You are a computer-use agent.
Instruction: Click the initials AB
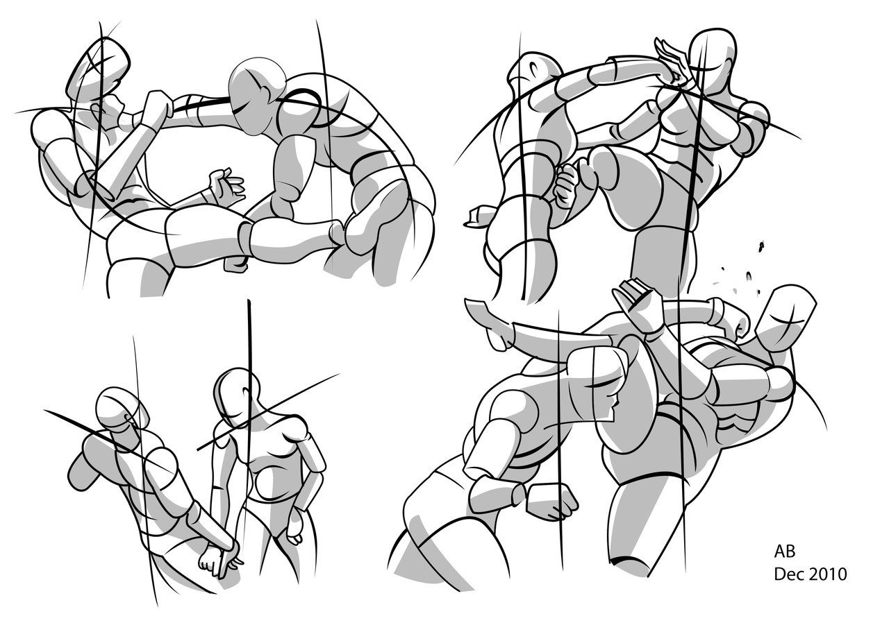[x=785, y=551]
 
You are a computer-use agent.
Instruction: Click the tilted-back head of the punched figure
[x=97, y=66]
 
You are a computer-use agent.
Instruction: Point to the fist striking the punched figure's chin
[x=157, y=109]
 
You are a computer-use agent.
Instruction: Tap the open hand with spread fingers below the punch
[x=226, y=186]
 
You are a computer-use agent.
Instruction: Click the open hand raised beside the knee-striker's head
[x=671, y=62]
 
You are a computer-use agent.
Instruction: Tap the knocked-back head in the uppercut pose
[x=788, y=320]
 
